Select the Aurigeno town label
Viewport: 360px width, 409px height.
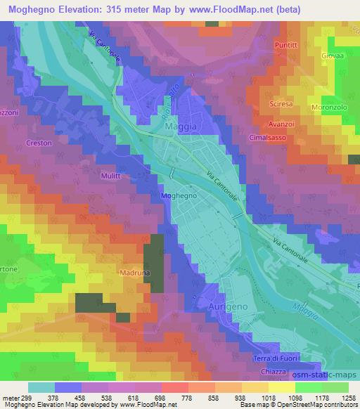(226, 308)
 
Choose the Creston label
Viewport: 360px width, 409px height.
(39, 143)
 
